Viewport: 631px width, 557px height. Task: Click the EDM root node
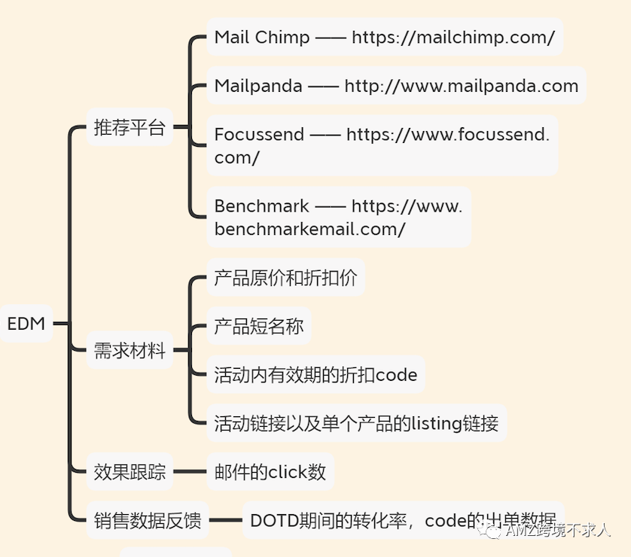(26, 324)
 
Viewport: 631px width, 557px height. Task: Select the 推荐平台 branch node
(129, 127)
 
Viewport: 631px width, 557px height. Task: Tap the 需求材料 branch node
(129, 350)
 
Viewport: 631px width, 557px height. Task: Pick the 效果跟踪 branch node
(129, 473)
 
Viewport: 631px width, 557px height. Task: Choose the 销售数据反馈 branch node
(148, 521)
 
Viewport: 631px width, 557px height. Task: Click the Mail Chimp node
(261, 38)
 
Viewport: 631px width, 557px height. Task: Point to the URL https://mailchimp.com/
(453, 38)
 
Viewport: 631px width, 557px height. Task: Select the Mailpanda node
(258, 86)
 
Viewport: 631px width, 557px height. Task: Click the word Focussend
(259, 135)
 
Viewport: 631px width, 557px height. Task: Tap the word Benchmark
(261, 206)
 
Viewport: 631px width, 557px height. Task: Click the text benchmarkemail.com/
(309, 230)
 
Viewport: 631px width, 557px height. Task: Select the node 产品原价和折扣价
(285, 278)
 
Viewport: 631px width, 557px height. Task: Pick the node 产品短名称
(258, 326)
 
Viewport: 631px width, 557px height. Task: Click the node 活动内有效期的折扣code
(315, 375)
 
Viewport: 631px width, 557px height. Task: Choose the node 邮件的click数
(270, 472)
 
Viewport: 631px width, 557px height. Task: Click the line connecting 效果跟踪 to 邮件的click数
(189, 473)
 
